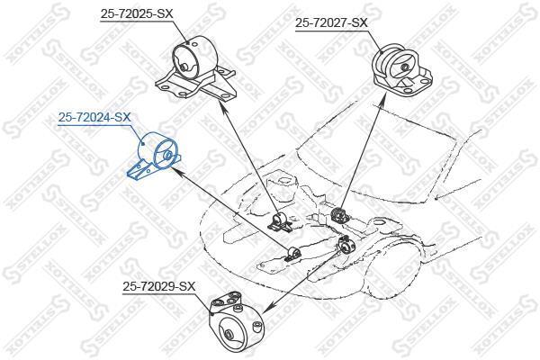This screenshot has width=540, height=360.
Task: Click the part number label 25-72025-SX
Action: pos(137,13)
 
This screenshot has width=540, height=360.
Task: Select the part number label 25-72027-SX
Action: pos(331,23)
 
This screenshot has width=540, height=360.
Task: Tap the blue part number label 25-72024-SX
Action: pos(94,117)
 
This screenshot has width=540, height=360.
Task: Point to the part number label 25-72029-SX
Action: pos(158,286)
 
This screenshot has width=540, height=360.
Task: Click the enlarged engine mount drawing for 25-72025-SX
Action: pos(195,69)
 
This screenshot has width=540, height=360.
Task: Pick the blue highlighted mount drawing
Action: pos(154,156)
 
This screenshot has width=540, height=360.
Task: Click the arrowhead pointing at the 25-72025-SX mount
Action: pos(222,107)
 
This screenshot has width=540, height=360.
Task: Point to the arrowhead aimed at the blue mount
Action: pos(175,170)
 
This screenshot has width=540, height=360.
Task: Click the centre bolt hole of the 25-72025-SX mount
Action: pos(184,67)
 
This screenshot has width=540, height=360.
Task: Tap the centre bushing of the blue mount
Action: pos(167,155)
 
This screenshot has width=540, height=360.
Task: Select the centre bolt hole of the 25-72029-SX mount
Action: pos(228,335)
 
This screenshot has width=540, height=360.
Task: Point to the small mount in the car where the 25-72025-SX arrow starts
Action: pos(280,222)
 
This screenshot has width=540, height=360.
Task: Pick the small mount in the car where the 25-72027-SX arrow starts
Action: pos(339,215)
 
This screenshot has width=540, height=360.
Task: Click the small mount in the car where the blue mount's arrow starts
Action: pos(293,253)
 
